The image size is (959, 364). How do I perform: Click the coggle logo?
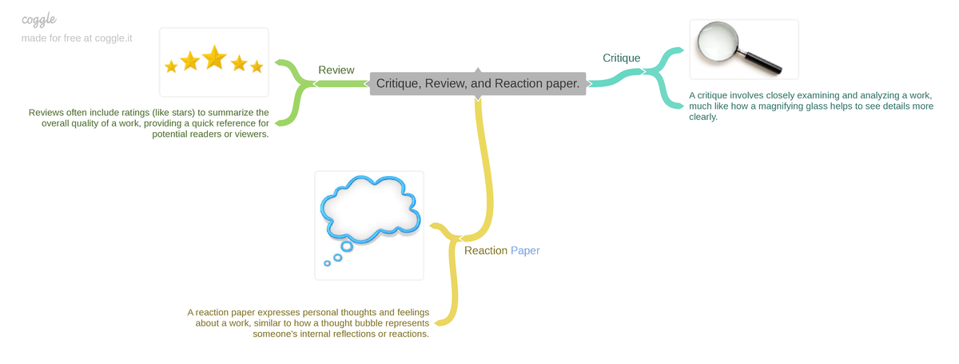click(x=39, y=19)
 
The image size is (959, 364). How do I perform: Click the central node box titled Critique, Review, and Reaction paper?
click(x=477, y=83)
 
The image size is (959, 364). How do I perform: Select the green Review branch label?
click(x=336, y=70)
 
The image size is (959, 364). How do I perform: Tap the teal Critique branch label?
click(x=621, y=58)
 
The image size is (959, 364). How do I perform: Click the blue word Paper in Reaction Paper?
click(x=525, y=250)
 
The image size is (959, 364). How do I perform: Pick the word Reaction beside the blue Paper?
click(x=486, y=250)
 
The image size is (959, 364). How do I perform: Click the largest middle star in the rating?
click(x=214, y=58)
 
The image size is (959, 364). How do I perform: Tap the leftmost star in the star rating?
click(x=171, y=66)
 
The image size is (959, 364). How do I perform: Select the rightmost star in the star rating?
click(x=257, y=66)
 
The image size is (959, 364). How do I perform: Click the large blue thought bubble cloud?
click(x=370, y=210)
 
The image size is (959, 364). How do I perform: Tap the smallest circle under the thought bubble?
click(x=327, y=263)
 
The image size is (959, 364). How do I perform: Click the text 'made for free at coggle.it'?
click(x=77, y=38)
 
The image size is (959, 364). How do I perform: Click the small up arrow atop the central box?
click(x=478, y=71)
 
